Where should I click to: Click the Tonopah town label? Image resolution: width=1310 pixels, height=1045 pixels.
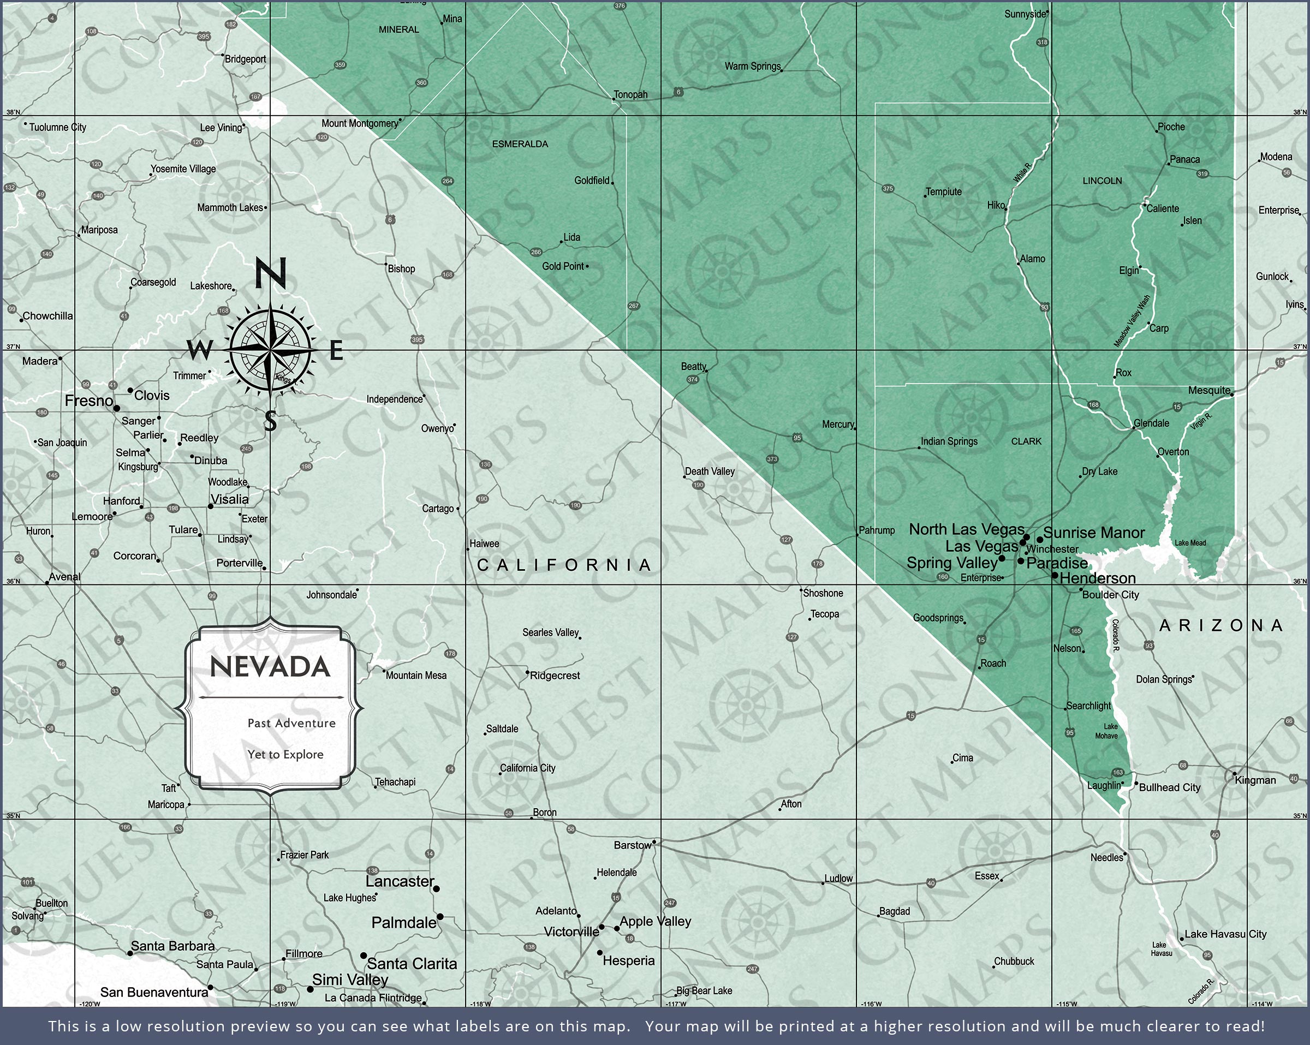click(x=630, y=95)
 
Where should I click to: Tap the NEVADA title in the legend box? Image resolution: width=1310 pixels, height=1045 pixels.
click(x=270, y=667)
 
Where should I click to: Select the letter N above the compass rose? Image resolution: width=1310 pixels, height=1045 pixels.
click(x=270, y=274)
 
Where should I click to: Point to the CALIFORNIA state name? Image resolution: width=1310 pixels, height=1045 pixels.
click(x=564, y=565)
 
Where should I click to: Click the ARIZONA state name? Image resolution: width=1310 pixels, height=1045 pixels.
click(x=1221, y=625)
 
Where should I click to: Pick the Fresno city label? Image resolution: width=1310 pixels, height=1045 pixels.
click(x=89, y=401)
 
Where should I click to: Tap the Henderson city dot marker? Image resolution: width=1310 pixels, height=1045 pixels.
click(x=1055, y=575)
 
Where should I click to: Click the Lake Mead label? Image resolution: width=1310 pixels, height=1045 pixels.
click(x=1190, y=542)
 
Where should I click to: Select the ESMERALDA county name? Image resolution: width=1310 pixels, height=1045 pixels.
click(x=520, y=144)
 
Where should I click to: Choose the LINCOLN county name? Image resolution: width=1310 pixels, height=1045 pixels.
click(x=1102, y=181)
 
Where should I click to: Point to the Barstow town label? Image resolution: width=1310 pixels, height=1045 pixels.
click(x=632, y=845)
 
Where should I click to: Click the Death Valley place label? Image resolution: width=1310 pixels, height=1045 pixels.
click(x=710, y=471)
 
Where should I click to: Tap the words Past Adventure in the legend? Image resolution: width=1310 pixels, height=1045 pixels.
click(x=291, y=723)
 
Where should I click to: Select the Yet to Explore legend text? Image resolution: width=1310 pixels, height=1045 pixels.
click(x=285, y=755)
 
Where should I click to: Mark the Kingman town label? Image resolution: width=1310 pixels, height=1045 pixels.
click(x=1255, y=780)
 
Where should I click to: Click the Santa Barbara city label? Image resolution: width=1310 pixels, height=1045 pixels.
click(x=172, y=946)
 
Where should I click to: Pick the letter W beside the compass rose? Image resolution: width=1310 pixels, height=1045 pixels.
click(x=199, y=350)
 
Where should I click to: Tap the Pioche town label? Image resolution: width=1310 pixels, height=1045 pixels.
click(x=1171, y=127)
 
